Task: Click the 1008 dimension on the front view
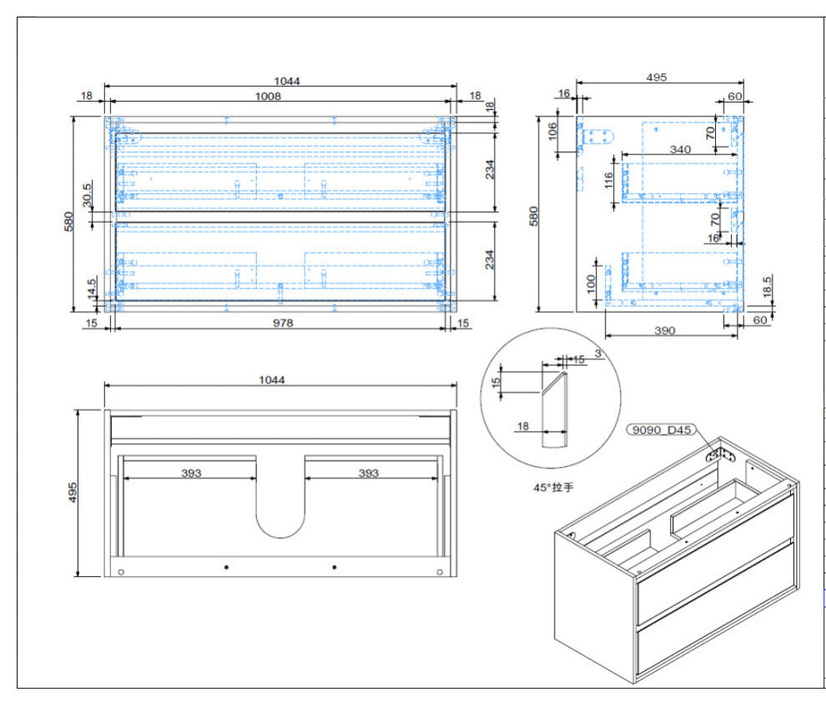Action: click(x=268, y=97)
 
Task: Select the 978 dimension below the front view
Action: click(x=283, y=323)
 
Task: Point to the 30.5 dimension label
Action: click(x=88, y=195)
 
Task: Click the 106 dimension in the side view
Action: click(x=552, y=131)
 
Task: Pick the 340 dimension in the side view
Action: click(x=680, y=149)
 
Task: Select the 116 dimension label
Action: click(x=609, y=181)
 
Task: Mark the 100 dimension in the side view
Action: click(x=591, y=284)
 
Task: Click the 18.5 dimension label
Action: click(x=767, y=287)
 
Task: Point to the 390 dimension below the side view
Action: click(x=665, y=331)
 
